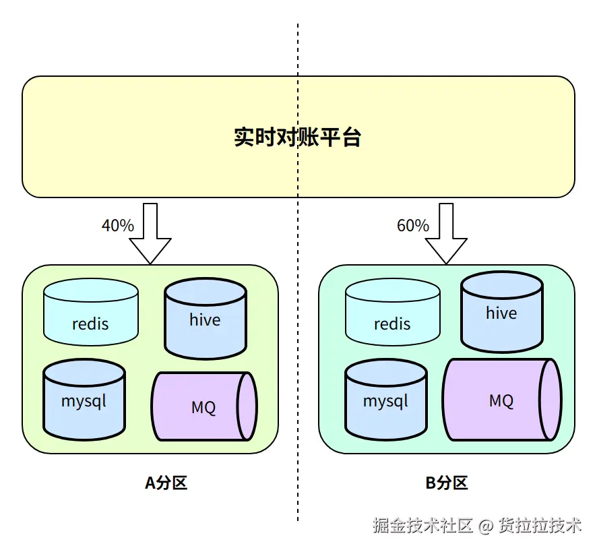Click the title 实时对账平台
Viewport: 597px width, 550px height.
pos(297,137)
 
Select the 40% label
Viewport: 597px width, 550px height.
pos(118,226)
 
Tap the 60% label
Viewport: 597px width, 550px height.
pos(413,226)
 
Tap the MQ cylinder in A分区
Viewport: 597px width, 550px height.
pos(203,406)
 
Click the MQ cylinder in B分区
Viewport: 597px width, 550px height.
pos(501,400)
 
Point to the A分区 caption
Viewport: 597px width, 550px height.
pos(166,483)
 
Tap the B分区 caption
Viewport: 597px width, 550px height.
pos(446,483)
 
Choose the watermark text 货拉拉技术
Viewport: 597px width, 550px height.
pos(540,526)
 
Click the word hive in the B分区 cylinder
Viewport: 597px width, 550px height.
pos(501,313)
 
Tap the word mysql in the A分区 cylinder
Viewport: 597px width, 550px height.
pos(84,401)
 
